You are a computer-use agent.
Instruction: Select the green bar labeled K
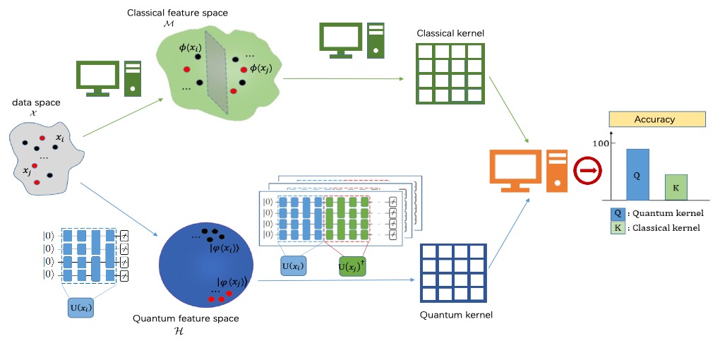tap(676, 187)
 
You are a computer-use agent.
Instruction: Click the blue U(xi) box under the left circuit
tap(81, 308)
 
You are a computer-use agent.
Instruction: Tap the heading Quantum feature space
tap(186, 318)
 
